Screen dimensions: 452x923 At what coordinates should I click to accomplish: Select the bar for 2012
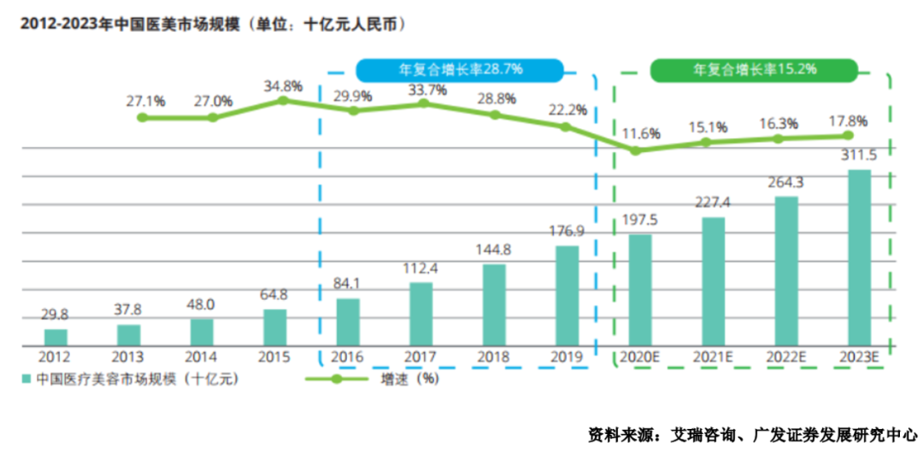pyautogui.click(x=56, y=338)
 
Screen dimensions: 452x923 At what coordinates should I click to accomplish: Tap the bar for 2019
pyautogui.click(x=567, y=296)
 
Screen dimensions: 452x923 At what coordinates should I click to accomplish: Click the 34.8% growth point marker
pyautogui.click(x=284, y=101)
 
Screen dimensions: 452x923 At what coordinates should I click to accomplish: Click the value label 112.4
pyautogui.click(x=420, y=269)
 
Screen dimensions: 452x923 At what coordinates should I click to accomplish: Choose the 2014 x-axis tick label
pyautogui.click(x=201, y=357)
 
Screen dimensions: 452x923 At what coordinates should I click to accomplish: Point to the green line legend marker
pyautogui.click(x=336, y=379)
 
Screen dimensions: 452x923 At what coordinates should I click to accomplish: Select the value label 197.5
pyautogui.click(x=640, y=220)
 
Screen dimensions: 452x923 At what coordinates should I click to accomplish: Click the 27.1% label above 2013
pyautogui.click(x=145, y=101)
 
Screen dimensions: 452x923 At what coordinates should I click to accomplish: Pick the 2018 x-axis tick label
pyautogui.click(x=494, y=357)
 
